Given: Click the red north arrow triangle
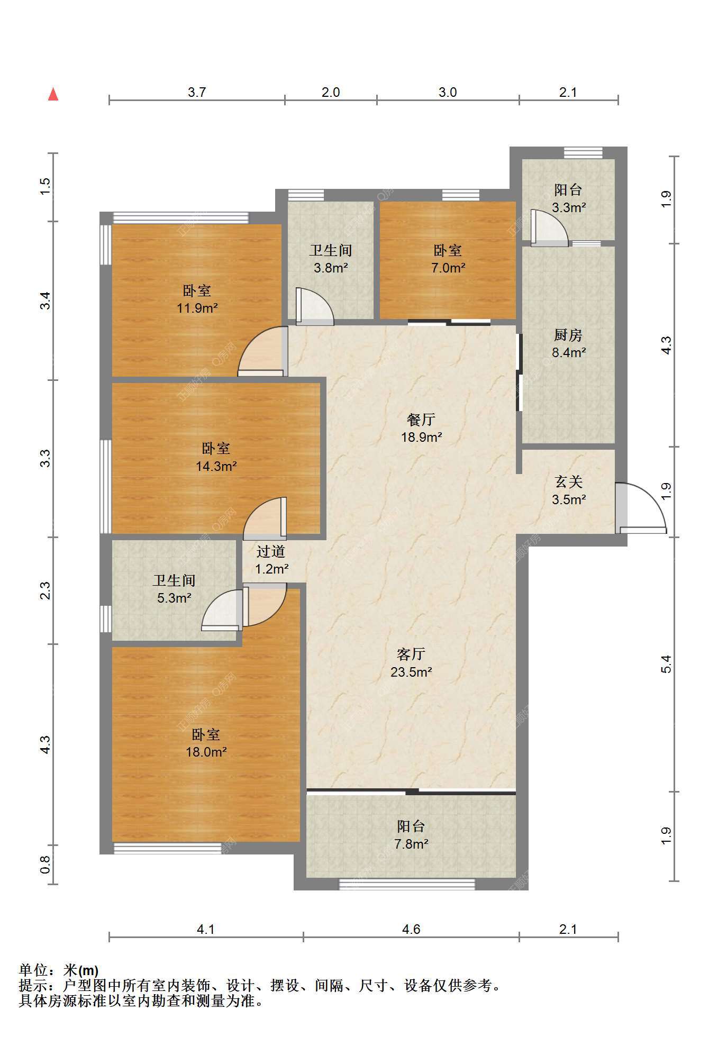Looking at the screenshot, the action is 53,94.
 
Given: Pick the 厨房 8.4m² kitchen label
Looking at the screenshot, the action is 568,343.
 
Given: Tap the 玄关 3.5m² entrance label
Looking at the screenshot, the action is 569,490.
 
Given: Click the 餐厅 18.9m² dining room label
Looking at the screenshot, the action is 421,428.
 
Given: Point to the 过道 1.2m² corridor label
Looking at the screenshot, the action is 271,560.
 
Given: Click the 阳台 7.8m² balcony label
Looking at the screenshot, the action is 411,834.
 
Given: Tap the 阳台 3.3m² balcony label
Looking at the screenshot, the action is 568,198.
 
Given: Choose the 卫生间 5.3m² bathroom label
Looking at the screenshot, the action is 174,589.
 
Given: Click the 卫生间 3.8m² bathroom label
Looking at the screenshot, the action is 331,259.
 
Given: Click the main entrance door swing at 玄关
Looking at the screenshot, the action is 641,507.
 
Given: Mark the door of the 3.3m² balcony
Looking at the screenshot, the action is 549,228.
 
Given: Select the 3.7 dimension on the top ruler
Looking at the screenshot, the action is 197,92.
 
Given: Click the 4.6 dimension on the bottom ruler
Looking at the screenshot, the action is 411,929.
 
